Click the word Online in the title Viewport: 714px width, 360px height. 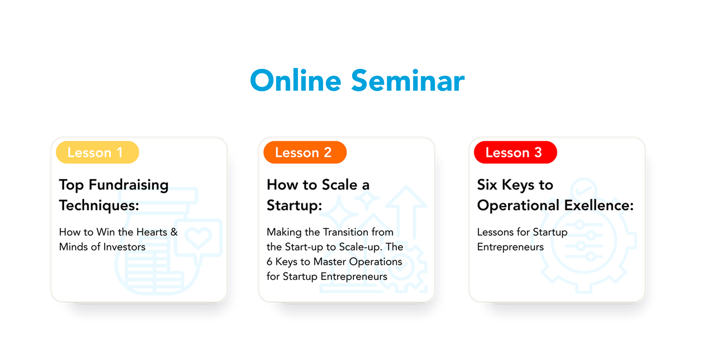[295, 80]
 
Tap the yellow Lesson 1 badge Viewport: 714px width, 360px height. [97, 152]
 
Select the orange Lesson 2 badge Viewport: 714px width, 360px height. [305, 152]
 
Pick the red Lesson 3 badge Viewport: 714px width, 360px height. [515, 152]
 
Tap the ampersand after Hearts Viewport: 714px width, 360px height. [174, 232]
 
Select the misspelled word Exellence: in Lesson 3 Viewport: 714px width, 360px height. [599, 205]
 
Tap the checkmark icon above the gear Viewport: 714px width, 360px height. [583, 190]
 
